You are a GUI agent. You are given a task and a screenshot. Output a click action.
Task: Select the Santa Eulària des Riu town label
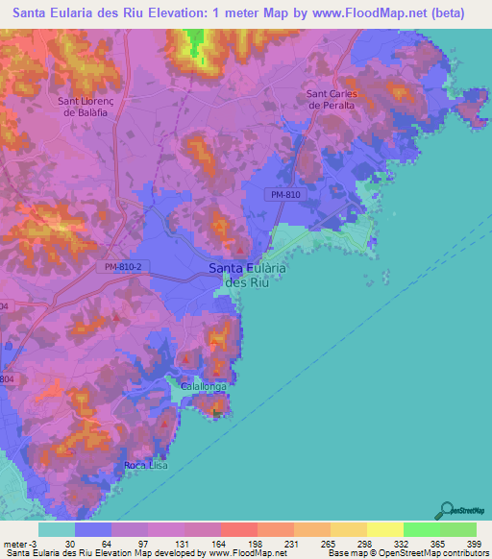(248, 277)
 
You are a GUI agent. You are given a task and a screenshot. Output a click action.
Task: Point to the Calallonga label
(197, 385)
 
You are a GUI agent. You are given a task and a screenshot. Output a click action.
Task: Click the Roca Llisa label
(146, 466)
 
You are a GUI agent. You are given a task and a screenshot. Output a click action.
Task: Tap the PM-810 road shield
(282, 194)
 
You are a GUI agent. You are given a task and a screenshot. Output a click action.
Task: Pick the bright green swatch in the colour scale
(421, 529)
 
